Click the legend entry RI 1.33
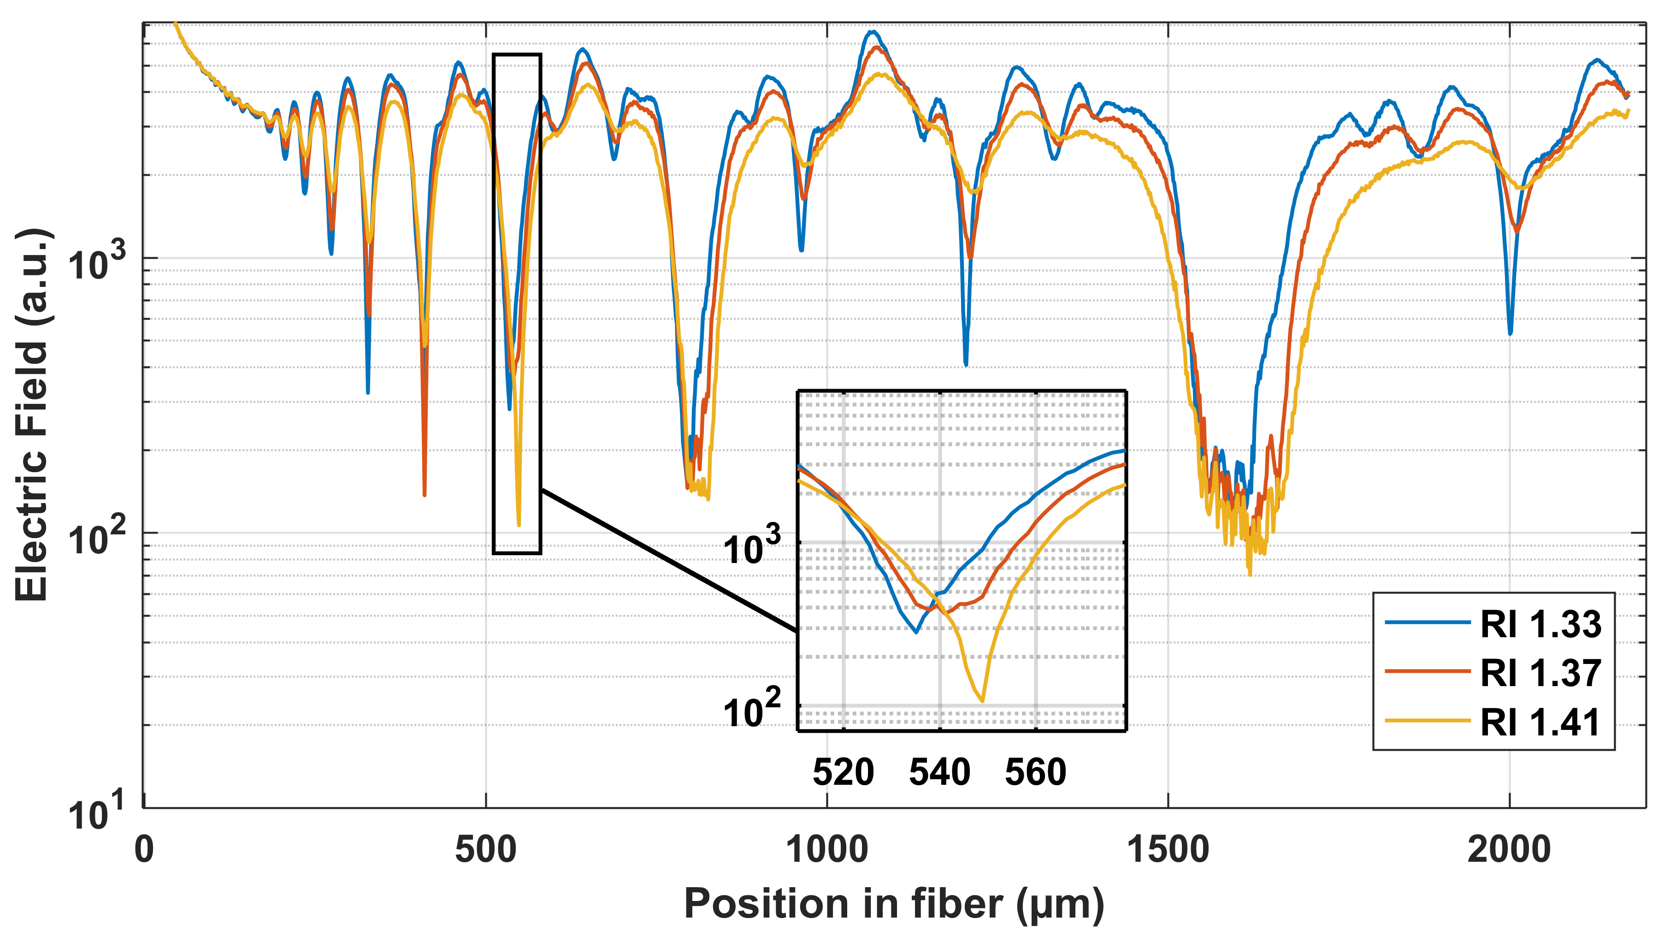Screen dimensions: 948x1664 coord(1540,624)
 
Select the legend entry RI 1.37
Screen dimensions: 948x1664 coord(1540,673)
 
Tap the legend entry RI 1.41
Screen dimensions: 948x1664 coord(1540,722)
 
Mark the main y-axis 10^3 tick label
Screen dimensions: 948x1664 coord(96,262)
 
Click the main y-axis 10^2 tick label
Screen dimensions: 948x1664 coord(96,537)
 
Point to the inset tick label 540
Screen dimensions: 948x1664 coord(939,772)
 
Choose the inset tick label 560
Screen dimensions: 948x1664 coord(1035,772)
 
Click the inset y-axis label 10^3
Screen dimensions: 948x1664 coord(752,547)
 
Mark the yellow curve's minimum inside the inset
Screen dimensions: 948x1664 coord(981,700)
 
